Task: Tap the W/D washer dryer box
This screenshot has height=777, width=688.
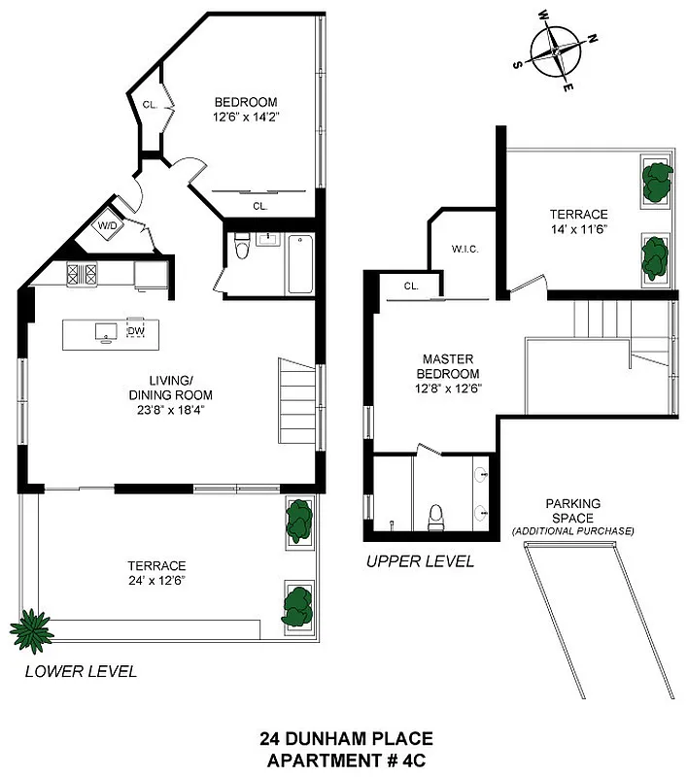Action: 105,226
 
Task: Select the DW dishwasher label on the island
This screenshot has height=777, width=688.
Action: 135,330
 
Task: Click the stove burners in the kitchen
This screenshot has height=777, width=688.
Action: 80,275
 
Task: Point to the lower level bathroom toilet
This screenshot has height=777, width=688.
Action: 243,250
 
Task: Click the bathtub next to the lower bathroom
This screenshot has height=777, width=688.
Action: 299,262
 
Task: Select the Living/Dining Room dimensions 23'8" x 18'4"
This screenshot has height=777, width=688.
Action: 170,409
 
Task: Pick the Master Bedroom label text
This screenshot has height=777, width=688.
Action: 448,366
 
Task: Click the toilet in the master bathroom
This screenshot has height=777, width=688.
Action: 435,515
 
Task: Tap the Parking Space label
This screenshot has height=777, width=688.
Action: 572,511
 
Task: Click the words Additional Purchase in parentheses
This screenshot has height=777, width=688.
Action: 572,531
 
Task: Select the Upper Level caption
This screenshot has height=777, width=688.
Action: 420,561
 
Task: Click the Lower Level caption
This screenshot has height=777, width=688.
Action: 80,671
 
